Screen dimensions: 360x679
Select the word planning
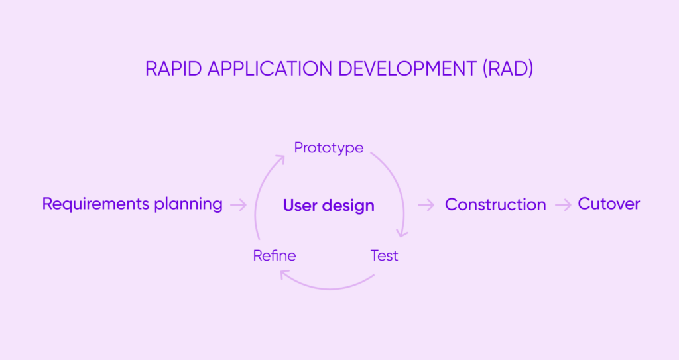188,205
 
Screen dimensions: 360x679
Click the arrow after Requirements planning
238,205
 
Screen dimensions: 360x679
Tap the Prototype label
329,147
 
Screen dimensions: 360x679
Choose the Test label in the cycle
384,255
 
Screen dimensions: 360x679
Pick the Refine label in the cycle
275,255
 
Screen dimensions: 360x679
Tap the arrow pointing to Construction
426,205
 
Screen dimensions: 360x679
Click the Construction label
495,205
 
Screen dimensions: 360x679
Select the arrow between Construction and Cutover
563,205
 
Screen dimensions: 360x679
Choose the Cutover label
609,204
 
